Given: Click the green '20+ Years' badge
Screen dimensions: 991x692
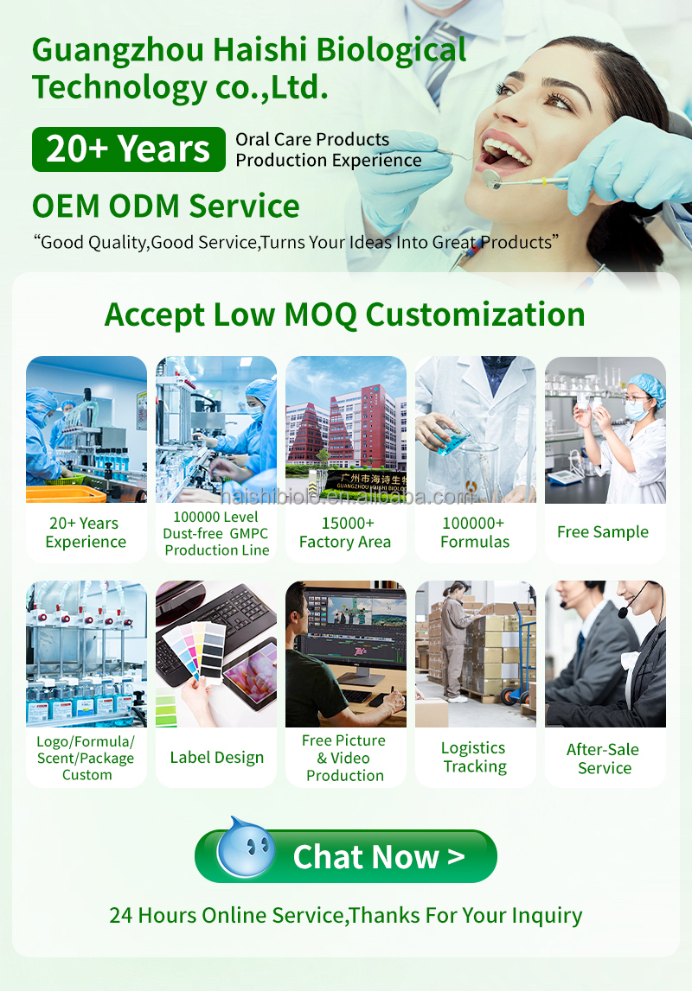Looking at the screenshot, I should tap(128, 149).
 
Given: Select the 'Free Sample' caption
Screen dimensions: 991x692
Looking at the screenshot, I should tap(603, 532).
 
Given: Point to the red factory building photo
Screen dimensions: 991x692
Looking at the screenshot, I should tap(345, 429).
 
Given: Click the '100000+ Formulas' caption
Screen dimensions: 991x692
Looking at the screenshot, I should tap(475, 532).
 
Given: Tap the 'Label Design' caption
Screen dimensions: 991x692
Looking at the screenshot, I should tap(216, 758).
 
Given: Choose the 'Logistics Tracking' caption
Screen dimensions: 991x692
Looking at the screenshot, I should tap(474, 757).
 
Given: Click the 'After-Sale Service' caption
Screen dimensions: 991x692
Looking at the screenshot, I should tap(605, 758).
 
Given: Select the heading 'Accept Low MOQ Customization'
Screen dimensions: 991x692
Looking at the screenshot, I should tap(344, 314).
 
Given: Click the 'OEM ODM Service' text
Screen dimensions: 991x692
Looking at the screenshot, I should tap(166, 206).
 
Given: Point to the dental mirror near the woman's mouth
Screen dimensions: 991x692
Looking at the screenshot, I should tap(492, 179).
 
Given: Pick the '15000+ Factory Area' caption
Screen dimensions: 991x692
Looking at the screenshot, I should tap(345, 532).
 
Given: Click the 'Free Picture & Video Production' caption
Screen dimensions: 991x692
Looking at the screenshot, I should tap(345, 758).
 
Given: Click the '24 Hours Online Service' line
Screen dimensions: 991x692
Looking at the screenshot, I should tap(345, 915).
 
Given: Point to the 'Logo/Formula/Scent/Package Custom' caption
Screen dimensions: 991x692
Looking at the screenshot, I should tap(86, 758).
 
